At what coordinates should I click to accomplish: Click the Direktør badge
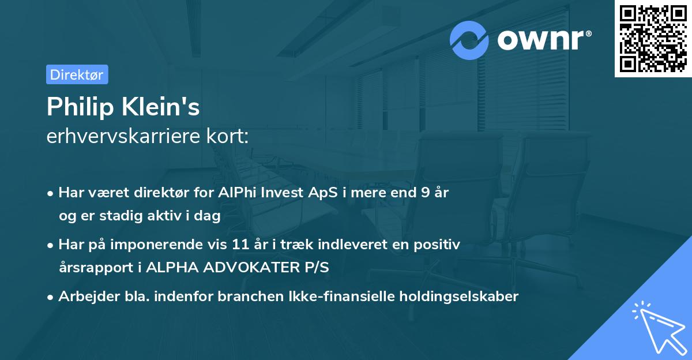77,74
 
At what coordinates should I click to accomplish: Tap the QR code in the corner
653,39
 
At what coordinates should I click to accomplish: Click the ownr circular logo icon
469,40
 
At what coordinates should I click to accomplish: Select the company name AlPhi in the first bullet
235,193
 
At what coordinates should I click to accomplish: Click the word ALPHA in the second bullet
168,268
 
